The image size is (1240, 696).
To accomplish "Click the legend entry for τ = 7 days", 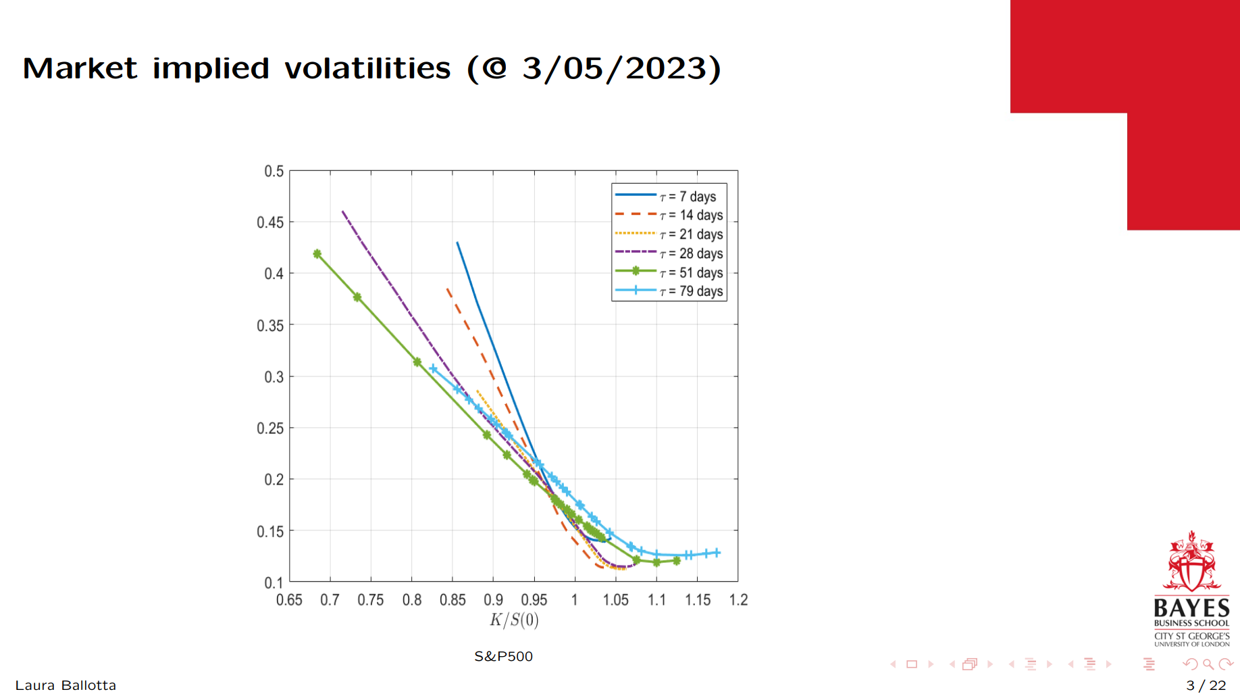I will [x=688, y=197].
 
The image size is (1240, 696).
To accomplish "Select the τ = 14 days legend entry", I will [x=691, y=216].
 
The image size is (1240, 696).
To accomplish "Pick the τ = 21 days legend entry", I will [x=691, y=234].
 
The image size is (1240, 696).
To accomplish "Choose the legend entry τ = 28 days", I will [x=691, y=253].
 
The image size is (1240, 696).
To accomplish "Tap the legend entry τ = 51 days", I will [x=691, y=272].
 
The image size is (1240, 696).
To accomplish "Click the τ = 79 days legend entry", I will [x=691, y=291].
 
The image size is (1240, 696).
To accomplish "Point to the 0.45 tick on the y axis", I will [x=270, y=222].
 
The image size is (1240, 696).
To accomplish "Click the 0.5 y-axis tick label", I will [x=274, y=172].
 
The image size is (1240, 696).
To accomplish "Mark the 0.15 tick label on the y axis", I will [x=270, y=532].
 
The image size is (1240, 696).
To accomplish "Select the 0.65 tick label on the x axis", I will [x=289, y=600].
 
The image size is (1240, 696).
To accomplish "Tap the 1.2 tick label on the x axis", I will [x=738, y=600].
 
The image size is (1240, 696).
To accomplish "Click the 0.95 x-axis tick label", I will [x=534, y=600].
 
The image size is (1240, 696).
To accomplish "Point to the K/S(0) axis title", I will [x=514, y=620].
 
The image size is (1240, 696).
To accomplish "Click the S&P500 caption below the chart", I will [x=503, y=657].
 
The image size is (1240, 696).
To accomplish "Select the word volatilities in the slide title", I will [x=367, y=68].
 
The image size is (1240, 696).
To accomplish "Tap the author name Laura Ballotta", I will [x=66, y=685].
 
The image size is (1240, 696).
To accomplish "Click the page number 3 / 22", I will [x=1206, y=685].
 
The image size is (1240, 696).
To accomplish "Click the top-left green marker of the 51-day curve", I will [x=317, y=254].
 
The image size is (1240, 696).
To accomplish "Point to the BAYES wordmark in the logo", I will [x=1191, y=607].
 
